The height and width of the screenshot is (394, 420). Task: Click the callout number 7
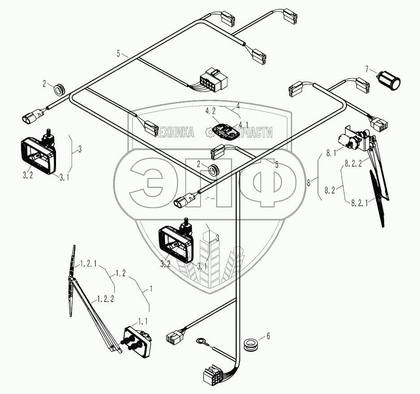point(368,70)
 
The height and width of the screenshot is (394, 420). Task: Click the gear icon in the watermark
point(209,132)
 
